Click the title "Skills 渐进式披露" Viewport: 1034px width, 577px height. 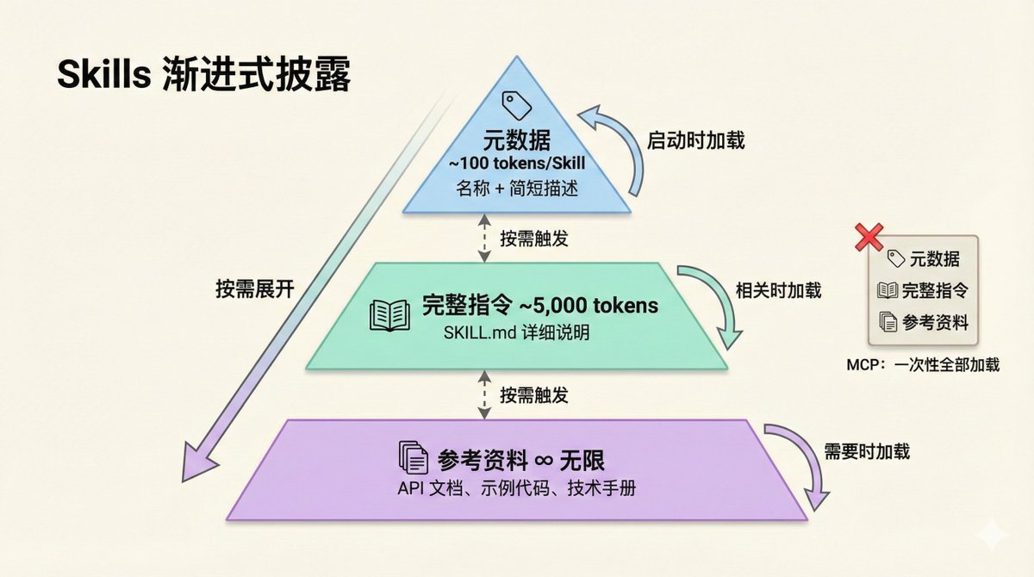coord(203,76)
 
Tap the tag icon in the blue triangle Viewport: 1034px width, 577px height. coord(517,105)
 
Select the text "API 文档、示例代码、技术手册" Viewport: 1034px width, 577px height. coord(517,487)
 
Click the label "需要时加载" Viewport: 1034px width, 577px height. coord(866,451)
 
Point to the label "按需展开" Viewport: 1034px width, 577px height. coord(255,289)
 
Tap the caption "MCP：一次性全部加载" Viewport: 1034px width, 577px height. coord(923,364)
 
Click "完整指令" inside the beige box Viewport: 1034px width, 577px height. coord(934,290)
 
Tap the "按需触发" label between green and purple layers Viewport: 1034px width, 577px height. coord(534,395)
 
